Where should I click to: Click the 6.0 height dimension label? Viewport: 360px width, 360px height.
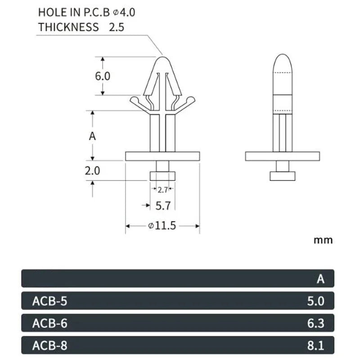[x=103, y=76]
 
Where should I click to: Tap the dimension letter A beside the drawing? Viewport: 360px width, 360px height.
[x=92, y=136]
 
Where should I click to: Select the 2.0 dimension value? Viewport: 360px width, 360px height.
[x=92, y=171]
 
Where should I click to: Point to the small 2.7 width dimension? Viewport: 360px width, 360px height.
[x=163, y=189]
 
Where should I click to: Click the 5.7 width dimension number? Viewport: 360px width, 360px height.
[x=163, y=206]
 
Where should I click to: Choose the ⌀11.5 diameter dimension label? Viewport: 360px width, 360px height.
[x=162, y=226]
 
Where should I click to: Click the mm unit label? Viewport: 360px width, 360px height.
[x=323, y=240]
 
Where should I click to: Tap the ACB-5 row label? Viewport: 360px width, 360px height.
[x=50, y=301]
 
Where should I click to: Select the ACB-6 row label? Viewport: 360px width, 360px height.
[x=50, y=323]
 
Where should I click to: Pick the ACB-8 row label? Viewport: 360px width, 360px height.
[x=50, y=346]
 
